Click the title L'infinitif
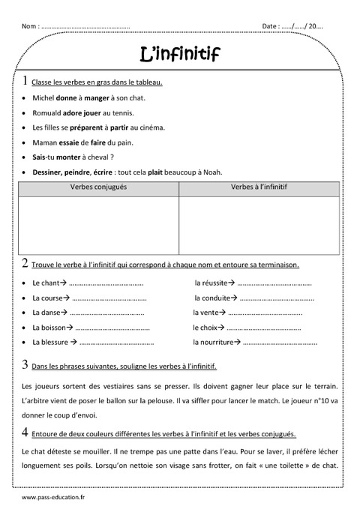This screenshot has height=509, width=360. pos(180,53)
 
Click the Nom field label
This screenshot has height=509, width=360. pos(31,26)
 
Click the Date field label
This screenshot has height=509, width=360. pos(271,26)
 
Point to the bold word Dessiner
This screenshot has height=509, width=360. pos(49,171)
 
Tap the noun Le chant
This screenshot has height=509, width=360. pos(46,283)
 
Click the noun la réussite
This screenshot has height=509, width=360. pos(211,283)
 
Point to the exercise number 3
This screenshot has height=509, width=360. pos(26,365)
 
